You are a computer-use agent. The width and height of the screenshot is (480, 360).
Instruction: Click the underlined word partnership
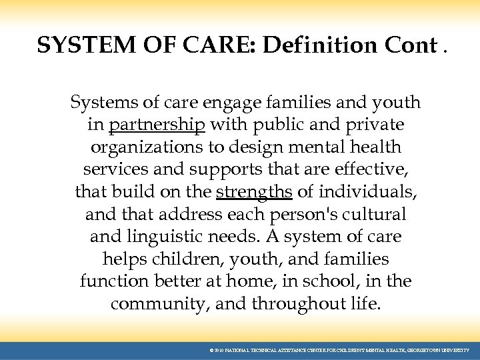tap(157, 125)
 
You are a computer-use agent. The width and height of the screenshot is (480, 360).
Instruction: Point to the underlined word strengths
tap(254, 192)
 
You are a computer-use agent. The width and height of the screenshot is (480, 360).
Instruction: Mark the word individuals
tap(367, 192)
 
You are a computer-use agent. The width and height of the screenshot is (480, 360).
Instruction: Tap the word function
tap(111, 281)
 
